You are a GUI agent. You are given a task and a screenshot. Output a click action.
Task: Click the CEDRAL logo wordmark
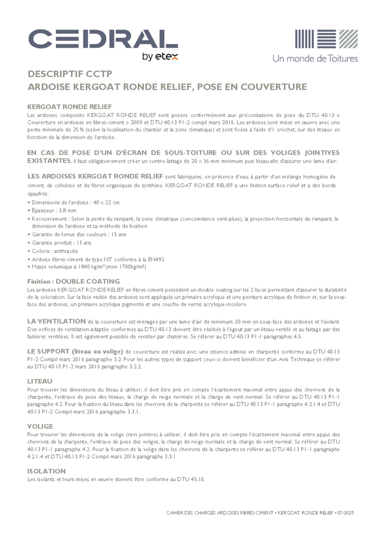(103, 39)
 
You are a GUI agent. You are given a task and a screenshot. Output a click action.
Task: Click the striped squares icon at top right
(326, 39)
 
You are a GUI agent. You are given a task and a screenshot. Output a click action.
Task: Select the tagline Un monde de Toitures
(315, 58)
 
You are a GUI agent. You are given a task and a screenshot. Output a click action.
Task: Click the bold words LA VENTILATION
(56, 321)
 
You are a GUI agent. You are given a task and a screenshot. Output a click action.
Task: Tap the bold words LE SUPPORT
(51, 349)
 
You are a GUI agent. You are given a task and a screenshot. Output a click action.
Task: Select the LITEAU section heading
(40, 381)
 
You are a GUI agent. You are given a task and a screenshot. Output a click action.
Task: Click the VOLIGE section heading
(40, 426)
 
